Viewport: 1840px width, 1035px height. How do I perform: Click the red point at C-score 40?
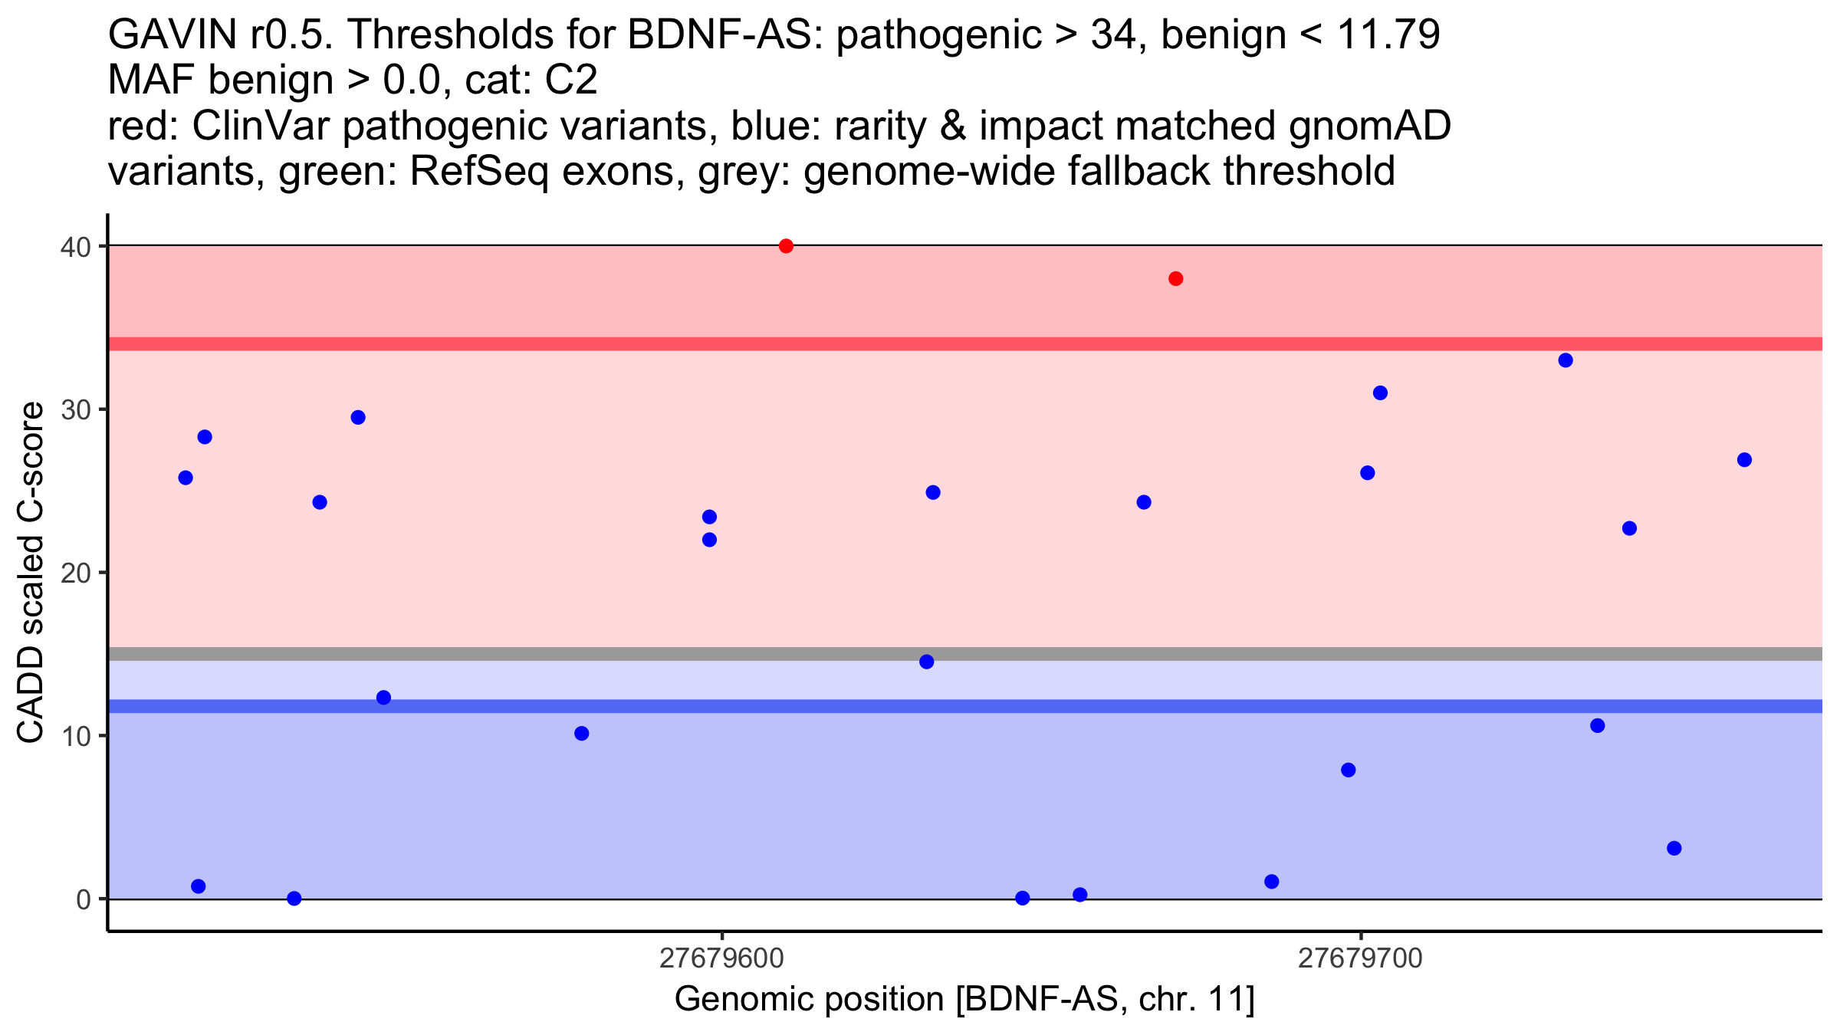point(786,246)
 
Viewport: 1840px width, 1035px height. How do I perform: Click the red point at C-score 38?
point(1176,279)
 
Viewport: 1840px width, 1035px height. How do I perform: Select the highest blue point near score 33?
point(1566,360)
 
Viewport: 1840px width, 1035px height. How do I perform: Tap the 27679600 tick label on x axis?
point(721,958)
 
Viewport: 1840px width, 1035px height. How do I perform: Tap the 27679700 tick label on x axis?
point(1361,958)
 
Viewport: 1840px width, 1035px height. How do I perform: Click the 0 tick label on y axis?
point(84,899)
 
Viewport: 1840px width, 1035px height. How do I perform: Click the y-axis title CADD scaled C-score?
point(31,573)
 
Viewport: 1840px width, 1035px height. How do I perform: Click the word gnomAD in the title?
point(1369,126)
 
